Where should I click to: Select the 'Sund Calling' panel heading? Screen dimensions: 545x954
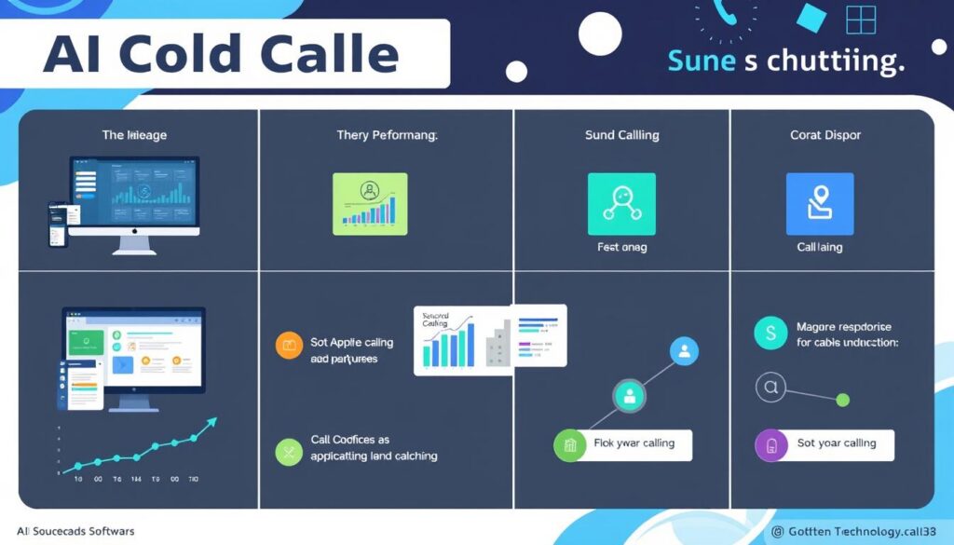coord(621,135)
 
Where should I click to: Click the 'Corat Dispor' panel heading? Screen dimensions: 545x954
coord(825,135)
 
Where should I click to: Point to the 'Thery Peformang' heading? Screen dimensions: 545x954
coord(387,135)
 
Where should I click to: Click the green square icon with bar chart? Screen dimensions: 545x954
coord(370,202)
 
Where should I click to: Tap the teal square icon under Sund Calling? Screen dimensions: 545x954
coord(621,202)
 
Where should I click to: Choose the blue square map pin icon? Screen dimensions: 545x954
coord(819,202)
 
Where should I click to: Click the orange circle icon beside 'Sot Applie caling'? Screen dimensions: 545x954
coord(290,345)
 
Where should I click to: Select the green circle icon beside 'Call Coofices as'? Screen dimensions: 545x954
coord(290,452)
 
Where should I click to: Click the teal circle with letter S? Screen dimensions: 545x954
coord(770,332)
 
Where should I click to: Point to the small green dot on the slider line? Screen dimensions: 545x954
coord(843,400)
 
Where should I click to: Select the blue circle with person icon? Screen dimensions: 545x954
coord(684,351)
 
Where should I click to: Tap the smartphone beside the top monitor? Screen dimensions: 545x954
coord(59,224)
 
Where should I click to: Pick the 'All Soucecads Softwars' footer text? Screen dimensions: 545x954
coord(75,531)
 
